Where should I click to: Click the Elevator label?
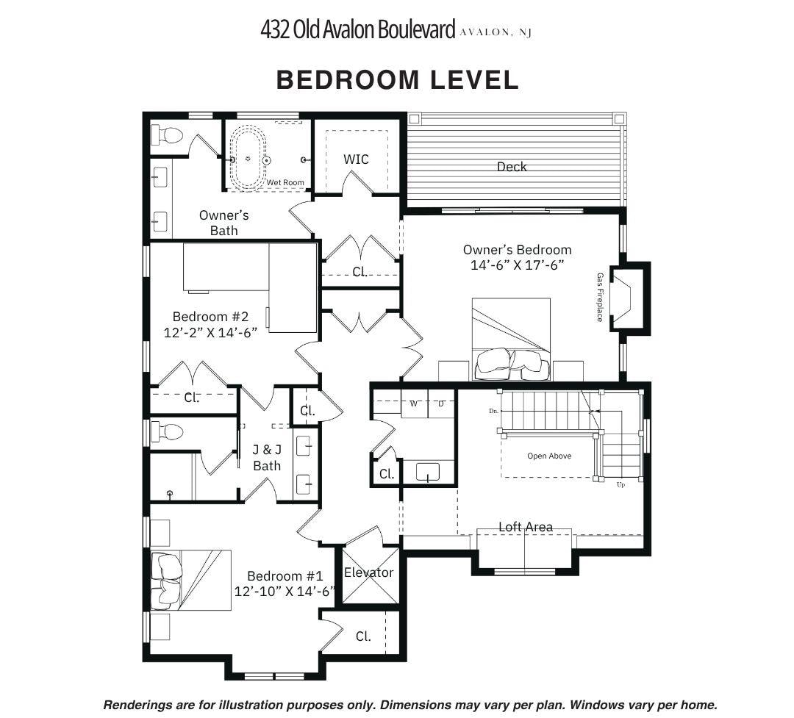368,572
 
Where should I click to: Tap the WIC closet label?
356,159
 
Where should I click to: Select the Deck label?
512,167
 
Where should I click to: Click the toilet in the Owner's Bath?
167,135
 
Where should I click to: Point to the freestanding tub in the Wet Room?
248,158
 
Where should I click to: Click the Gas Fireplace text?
600,297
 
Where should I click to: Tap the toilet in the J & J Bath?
167,432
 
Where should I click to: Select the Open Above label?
549,456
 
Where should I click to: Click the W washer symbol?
414,403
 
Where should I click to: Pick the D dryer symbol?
441,403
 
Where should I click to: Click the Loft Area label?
526,527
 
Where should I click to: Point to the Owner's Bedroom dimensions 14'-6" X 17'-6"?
517,265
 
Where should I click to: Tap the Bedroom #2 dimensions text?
210,332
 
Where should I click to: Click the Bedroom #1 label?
285,575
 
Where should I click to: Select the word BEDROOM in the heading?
348,79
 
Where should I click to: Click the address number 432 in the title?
275,29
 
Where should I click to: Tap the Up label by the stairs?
620,484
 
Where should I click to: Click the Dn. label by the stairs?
494,411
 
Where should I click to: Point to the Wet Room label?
285,182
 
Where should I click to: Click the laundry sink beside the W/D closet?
428,472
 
